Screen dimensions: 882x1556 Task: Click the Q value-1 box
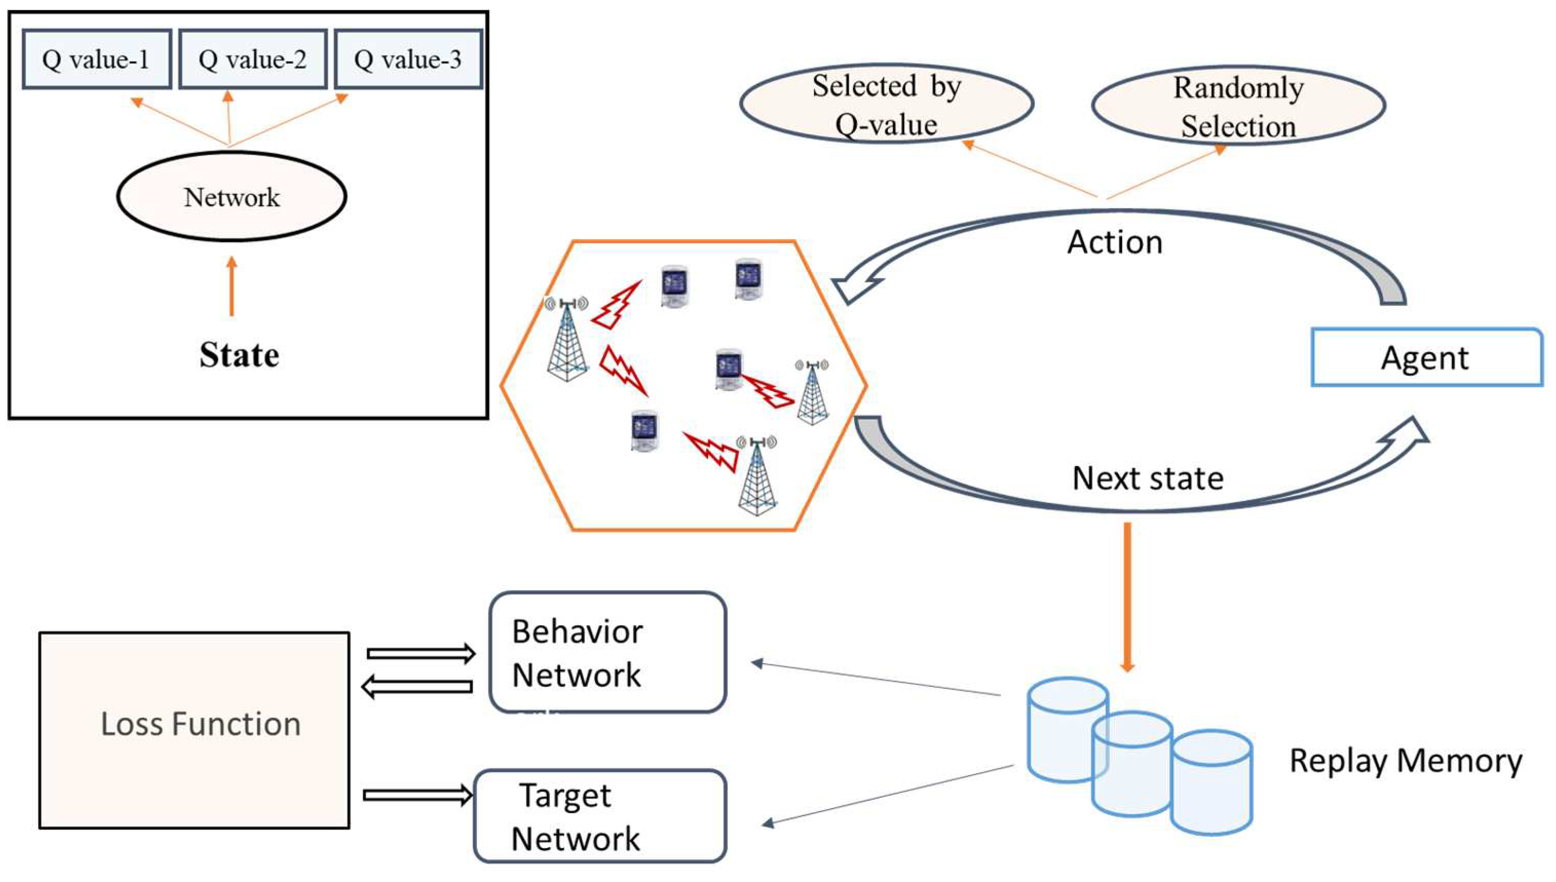click(x=97, y=60)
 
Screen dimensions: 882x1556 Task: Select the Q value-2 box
click(x=253, y=60)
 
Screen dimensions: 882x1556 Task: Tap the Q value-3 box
click(x=408, y=60)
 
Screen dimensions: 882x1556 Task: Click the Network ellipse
click(x=232, y=197)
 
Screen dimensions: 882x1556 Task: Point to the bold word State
click(x=239, y=355)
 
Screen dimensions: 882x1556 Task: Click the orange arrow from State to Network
click(x=232, y=286)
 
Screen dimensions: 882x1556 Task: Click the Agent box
click(x=1427, y=357)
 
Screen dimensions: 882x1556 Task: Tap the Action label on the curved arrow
click(x=1115, y=242)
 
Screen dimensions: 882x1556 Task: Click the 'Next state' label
click(x=1148, y=478)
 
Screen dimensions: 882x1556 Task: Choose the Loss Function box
click(x=195, y=730)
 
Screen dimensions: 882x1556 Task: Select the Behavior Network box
click(x=607, y=653)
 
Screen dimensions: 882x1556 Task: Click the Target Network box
click(x=600, y=816)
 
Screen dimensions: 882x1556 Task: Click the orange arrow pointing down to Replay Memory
click(x=1127, y=597)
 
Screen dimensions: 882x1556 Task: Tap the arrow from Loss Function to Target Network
click(x=418, y=795)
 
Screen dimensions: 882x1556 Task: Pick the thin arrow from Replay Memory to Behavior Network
click(x=876, y=679)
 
